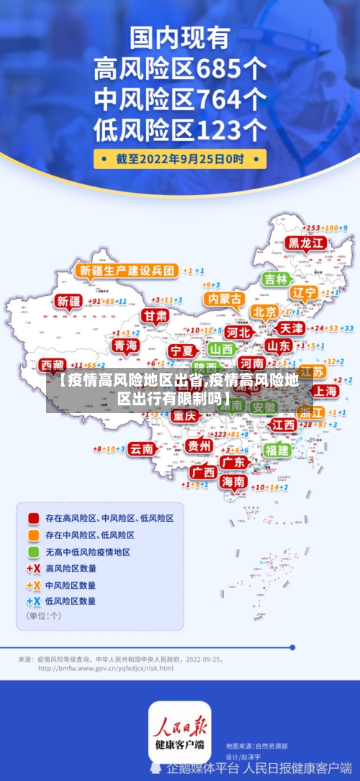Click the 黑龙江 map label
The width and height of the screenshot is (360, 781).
pyautogui.click(x=307, y=243)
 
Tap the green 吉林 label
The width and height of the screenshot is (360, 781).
pyautogui.click(x=276, y=279)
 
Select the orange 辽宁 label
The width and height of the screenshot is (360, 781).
pyautogui.click(x=304, y=293)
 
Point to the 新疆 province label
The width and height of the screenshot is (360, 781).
pyautogui.click(x=69, y=302)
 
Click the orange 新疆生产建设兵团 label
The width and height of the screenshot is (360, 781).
pyautogui.click(x=126, y=271)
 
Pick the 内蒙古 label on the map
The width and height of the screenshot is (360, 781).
pyautogui.click(x=224, y=298)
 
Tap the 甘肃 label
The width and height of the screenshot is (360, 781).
pyautogui.click(x=154, y=315)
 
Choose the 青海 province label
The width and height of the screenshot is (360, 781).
pyautogui.click(x=125, y=346)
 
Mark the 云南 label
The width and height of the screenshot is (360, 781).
pyautogui.click(x=142, y=448)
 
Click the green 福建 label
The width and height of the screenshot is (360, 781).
pyautogui.click(x=276, y=450)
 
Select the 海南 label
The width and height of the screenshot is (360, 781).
pyautogui.click(x=233, y=482)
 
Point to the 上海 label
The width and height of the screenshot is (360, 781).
pyautogui.click(x=326, y=391)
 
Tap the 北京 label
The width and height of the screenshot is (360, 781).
pyautogui.click(x=265, y=312)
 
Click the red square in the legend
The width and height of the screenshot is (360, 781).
pyautogui.click(x=33, y=518)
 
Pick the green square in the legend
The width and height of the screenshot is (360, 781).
pyautogui.click(x=33, y=551)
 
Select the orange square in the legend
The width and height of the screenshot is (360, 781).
pyautogui.click(x=33, y=535)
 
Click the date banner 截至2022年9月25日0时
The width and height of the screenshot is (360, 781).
pyautogui.click(x=180, y=158)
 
